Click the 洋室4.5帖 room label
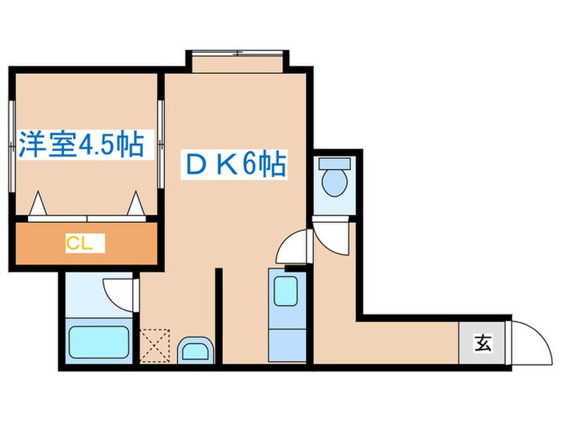tap(80, 145)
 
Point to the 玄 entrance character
tap(482, 345)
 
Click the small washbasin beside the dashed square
tap(195, 350)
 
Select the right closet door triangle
tap(135, 205)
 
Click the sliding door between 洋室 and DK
tap(160, 145)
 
